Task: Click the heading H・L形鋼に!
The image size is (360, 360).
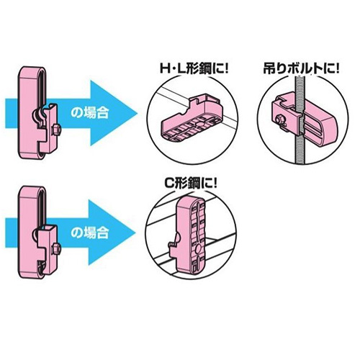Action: click(194, 69)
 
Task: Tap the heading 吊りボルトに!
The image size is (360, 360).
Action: click(302, 69)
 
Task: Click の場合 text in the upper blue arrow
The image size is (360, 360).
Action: click(90, 113)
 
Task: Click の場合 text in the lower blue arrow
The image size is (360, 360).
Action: click(90, 233)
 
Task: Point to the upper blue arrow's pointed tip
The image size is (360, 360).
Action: click(137, 113)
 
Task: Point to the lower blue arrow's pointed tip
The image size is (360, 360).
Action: click(135, 233)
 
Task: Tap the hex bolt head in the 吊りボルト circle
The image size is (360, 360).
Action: click(280, 120)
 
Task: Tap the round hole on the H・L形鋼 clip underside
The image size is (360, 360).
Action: click(199, 125)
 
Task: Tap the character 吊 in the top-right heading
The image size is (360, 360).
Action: click(269, 69)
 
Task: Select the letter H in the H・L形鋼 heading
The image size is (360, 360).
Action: click(164, 69)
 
